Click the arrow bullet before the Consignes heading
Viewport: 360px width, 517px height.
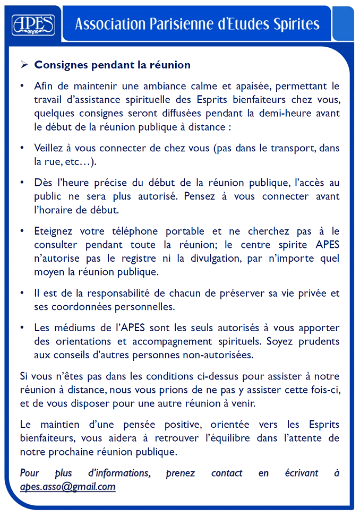tap(24, 65)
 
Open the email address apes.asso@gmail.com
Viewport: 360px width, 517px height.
tap(67, 487)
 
